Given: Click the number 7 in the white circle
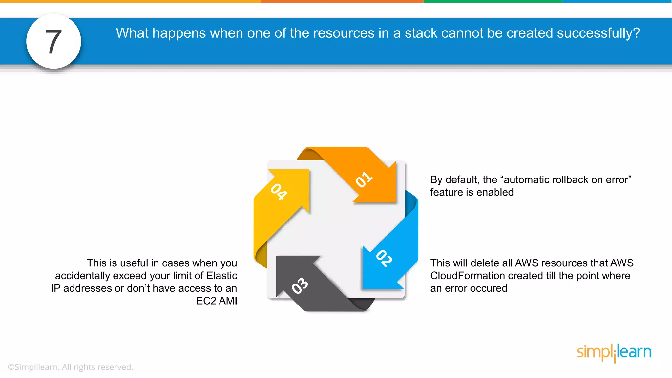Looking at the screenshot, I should (53, 42).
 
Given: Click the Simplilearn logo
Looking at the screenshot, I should (614, 353).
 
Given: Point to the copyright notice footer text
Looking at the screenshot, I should (70, 367).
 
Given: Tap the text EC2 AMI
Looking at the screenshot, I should (217, 301).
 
